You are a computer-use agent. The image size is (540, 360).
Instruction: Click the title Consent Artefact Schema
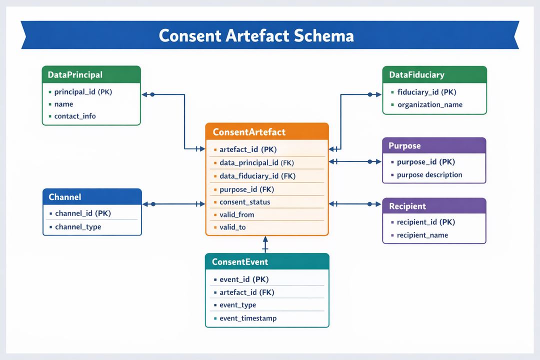coord(256,35)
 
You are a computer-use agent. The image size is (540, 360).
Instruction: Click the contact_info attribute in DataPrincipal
coord(75,116)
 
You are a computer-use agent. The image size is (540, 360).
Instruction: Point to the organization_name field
coord(429,104)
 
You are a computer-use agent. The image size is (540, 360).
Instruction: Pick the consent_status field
coord(245,202)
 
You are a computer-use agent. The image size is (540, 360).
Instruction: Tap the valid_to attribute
coord(232,227)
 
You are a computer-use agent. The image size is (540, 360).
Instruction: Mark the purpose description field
coord(429,175)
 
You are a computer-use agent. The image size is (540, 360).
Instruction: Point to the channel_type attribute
coord(78,226)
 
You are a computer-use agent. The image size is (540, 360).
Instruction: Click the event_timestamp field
coord(248,318)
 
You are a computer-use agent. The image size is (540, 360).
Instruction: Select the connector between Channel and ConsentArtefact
coord(174,204)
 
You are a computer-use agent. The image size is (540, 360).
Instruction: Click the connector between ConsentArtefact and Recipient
coord(355,204)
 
